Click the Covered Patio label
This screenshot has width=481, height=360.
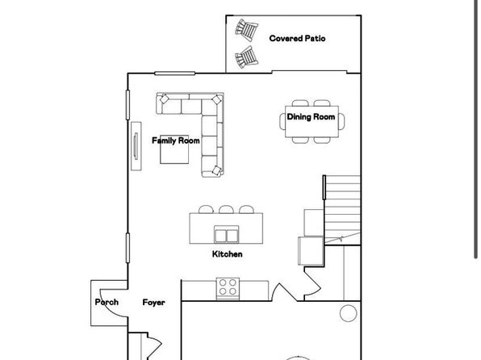click(x=297, y=39)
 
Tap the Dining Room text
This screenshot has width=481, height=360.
click(x=311, y=117)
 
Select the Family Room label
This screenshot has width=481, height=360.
click(x=176, y=140)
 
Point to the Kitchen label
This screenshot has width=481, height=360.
click(x=228, y=254)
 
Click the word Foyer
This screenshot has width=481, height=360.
click(x=153, y=303)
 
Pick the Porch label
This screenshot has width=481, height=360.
click(x=107, y=303)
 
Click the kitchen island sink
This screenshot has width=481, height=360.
click(x=227, y=234)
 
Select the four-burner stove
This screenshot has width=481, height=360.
click(x=228, y=288)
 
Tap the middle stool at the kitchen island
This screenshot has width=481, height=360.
click(x=227, y=209)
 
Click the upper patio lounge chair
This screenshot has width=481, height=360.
click(x=247, y=30)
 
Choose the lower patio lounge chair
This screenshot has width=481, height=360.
click(x=246, y=57)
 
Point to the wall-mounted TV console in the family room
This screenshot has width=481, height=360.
click(x=136, y=146)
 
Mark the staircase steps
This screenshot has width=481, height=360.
click(x=342, y=210)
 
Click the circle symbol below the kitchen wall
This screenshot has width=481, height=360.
click(x=349, y=313)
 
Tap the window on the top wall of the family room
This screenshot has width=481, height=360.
click(x=175, y=73)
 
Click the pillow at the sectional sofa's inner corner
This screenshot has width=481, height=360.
click(x=217, y=100)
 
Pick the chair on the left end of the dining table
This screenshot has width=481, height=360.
click(x=282, y=121)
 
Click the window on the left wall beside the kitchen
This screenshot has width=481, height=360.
click(x=128, y=248)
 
